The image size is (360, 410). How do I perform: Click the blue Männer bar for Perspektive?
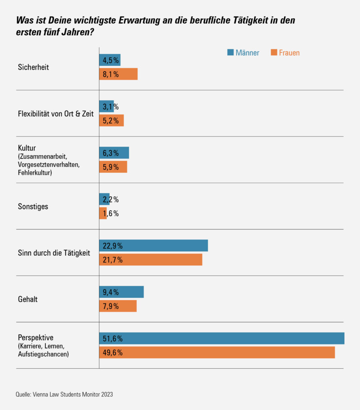tap(222, 338)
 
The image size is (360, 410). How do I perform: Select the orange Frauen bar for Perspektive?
tap(217, 353)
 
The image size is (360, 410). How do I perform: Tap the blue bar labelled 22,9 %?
tap(153, 246)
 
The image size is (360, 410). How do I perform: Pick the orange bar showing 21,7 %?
tap(150, 259)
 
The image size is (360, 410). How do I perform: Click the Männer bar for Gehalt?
tap(121, 292)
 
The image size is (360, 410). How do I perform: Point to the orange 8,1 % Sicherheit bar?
tap(118, 74)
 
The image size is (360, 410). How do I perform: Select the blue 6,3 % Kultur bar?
tap(114, 153)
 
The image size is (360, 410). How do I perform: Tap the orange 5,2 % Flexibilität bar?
tap(111, 121)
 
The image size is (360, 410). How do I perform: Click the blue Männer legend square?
tap(230, 53)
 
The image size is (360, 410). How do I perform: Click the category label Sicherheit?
tap(33, 67)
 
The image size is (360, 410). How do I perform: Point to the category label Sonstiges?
tap(33, 206)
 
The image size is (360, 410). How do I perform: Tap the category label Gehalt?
tap(28, 299)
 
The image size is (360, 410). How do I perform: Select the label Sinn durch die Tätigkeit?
tap(54, 253)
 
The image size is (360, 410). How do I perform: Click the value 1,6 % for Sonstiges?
tap(111, 214)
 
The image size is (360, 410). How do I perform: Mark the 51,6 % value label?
tap(113, 339)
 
